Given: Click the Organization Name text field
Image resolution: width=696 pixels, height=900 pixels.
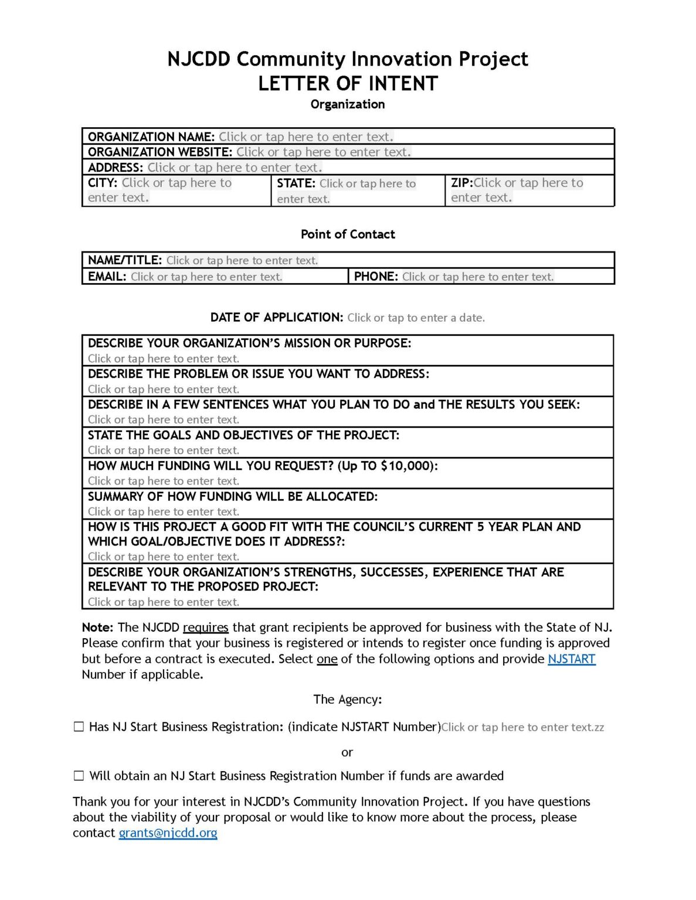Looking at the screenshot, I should pos(305,137).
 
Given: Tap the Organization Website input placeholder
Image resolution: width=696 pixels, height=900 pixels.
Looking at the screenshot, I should pos(324,152).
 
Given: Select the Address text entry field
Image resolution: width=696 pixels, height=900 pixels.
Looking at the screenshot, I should pos(235,168).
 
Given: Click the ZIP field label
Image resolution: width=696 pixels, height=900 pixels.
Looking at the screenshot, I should pos(461,183).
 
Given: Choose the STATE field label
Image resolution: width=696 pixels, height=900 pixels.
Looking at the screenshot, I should pos(296,183).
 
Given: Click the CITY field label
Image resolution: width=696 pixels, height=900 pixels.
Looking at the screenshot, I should pos(103,183).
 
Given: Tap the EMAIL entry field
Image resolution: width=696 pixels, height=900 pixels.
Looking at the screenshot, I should pos(206,277).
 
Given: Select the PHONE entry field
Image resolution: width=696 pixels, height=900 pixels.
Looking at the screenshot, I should pos(477,277).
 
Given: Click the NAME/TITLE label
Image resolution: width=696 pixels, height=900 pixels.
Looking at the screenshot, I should pos(124,260).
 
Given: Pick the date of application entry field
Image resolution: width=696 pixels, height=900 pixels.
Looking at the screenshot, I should pos(416,318).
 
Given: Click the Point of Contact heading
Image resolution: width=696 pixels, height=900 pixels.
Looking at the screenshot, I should pos(348,234).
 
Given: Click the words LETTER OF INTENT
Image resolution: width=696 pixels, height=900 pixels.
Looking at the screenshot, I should pos(348,84).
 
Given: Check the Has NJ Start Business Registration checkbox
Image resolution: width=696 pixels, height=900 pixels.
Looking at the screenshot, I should pos(79,727).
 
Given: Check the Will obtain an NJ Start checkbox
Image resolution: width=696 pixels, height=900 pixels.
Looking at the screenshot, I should pos(79,776).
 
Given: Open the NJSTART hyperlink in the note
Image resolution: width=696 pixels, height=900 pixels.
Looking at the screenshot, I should pos(571,659).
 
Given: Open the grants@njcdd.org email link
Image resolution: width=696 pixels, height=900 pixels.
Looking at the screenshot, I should pos(168,833).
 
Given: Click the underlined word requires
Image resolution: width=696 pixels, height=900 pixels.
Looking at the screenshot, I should pos(205,628).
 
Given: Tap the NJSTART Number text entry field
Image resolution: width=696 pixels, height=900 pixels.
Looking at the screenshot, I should pos(522,727).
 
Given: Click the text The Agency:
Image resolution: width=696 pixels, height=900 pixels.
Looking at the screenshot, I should pos(347,699).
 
